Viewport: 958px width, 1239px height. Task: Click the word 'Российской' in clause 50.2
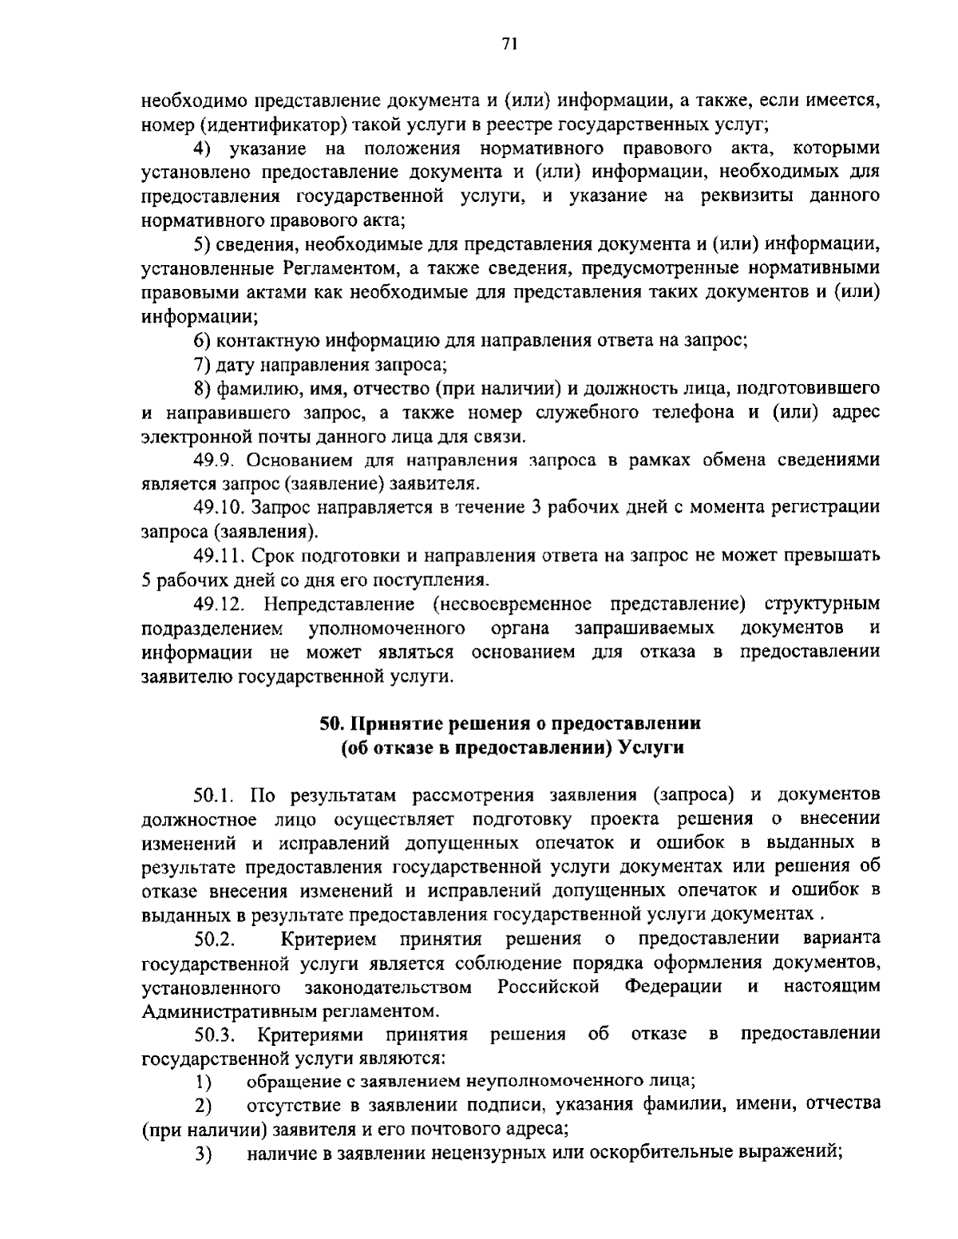(x=548, y=986)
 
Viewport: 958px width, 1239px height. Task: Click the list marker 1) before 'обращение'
(x=202, y=1083)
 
